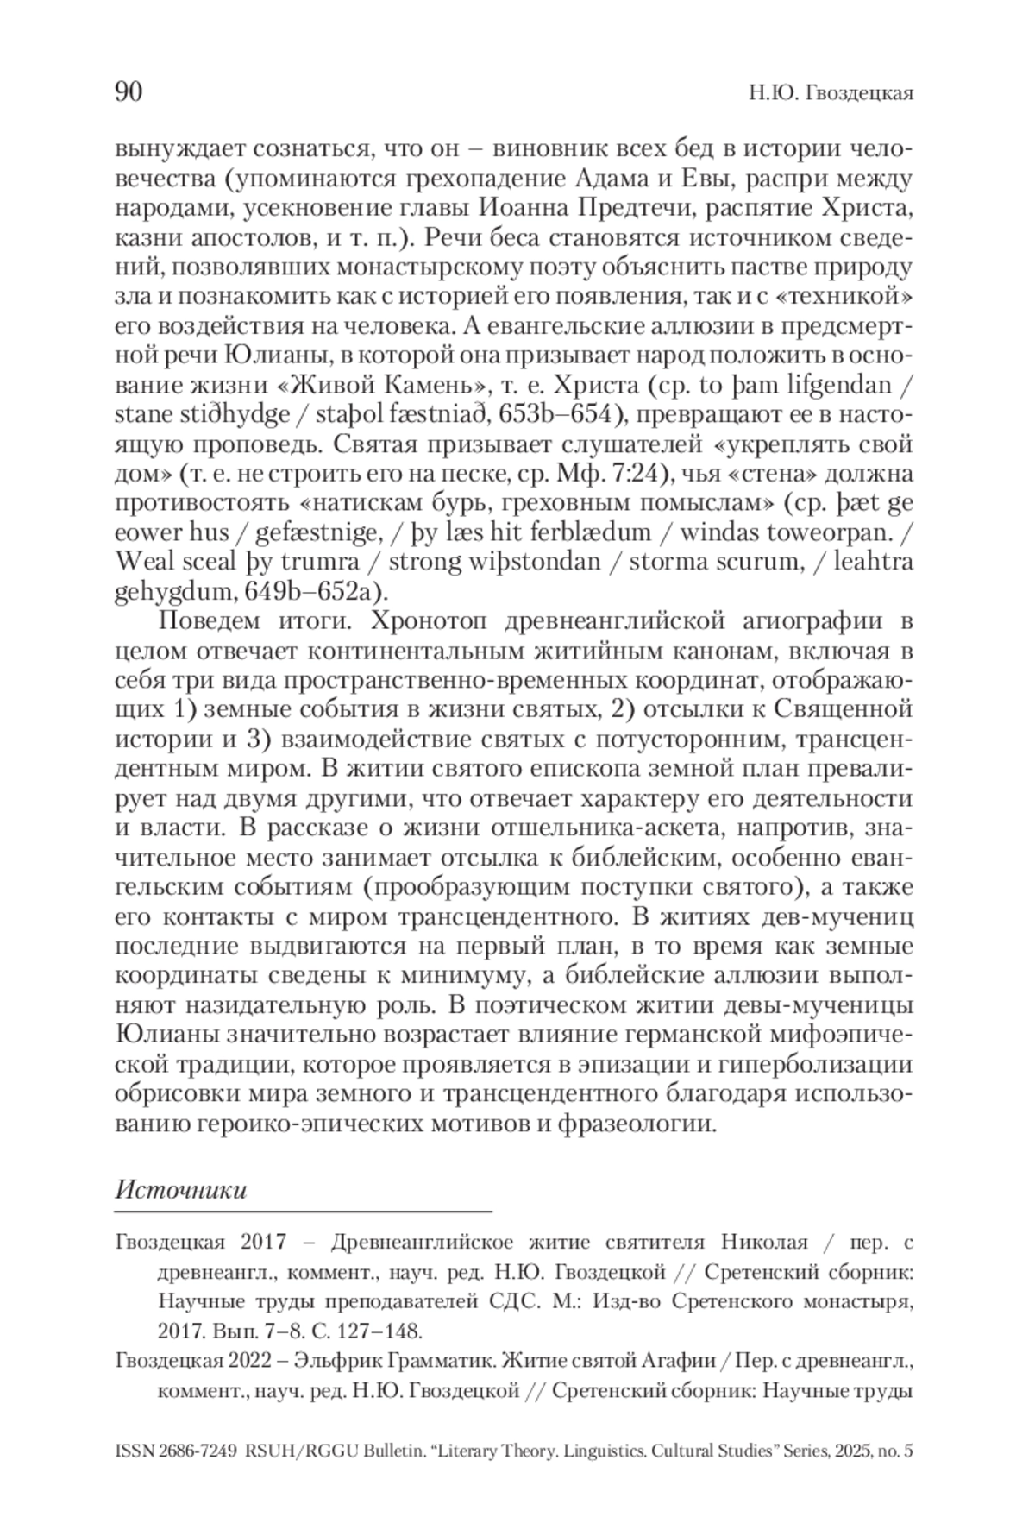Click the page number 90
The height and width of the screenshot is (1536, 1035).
(x=129, y=91)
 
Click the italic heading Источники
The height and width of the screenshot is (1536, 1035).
(x=181, y=1190)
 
